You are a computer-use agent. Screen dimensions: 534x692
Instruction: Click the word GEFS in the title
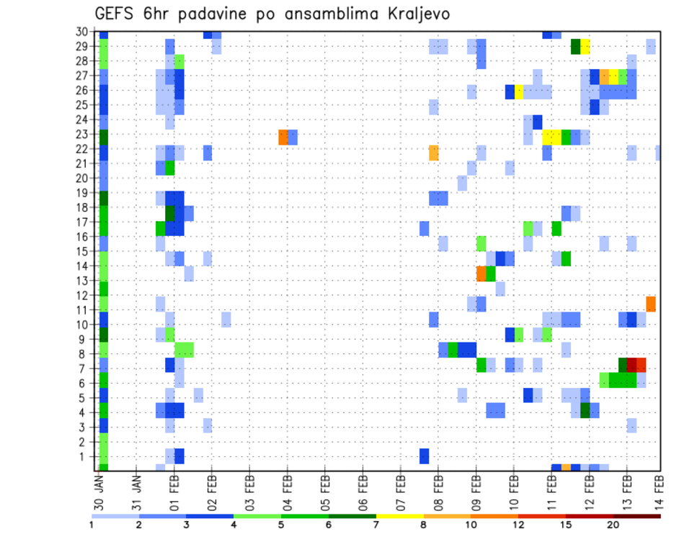click(x=115, y=14)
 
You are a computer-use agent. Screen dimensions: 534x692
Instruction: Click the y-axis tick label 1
click(x=88, y=457)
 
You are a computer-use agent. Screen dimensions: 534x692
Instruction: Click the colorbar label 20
click(x=613, y=524)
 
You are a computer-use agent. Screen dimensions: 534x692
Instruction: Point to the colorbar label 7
click(x=376, y=524)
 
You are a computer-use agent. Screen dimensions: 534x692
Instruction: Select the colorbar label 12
click(x=518, y=524)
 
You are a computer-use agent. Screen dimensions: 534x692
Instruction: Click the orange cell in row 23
click(x=283, y=137)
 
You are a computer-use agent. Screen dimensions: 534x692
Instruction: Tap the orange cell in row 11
click(x=651, y=304)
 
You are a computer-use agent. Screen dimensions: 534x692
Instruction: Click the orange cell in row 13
click(x=481, y=273)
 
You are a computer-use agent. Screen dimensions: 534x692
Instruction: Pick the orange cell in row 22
click(x=433, y=153)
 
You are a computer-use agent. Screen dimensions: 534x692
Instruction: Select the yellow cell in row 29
click(x=585, y=47)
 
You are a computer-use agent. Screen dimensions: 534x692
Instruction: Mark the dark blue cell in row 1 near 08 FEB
click(x=424, y=456)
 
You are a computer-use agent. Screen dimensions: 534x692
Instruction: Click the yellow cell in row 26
click(x=518, y=91)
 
